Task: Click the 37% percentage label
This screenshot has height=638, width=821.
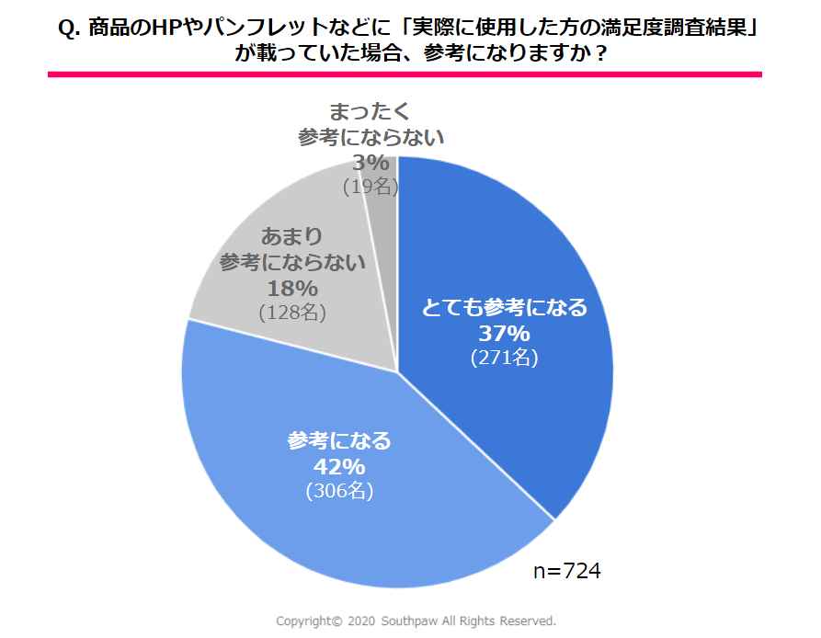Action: click(x=504, y=333)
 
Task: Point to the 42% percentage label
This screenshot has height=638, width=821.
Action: click(x=339, y=466)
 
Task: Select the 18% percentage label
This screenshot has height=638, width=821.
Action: click(x=292, y=287)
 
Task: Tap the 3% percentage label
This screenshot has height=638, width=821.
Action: click(x=371, y=163)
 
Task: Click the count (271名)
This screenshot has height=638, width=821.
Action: click(x=504, y=358)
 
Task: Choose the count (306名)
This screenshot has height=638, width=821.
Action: click(x=339, y=491)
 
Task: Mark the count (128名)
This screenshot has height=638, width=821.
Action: click(x=292, y=312)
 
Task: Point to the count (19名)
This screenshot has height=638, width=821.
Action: click(x=371, y=187)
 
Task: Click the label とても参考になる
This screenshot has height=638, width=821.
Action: click(x=504, y=308)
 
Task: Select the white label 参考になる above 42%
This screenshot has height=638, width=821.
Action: click(x=339, y=441)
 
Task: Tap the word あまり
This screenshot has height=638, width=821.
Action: click(x=292, y=236)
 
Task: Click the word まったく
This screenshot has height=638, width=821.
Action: click(x=371, y=113)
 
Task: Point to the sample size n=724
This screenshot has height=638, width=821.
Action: click(x=567, y=571)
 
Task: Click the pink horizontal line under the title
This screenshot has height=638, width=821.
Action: click(x=405, y=74)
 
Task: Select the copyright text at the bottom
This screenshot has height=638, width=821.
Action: click(x=416, y=621)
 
